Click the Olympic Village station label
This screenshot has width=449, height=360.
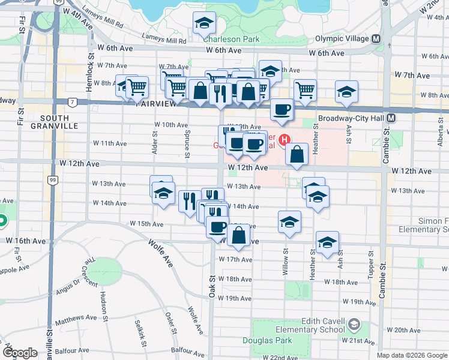click(x=344, y=39)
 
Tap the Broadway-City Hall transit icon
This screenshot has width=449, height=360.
click(x=391, y=118)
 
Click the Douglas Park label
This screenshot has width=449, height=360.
click(x=276, y=340)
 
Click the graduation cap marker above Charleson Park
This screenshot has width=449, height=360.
click(x=205, y=24)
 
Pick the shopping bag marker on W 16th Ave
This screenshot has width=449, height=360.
click(x=239, y=235)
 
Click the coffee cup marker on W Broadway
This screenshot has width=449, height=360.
click(x=282, y=110)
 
